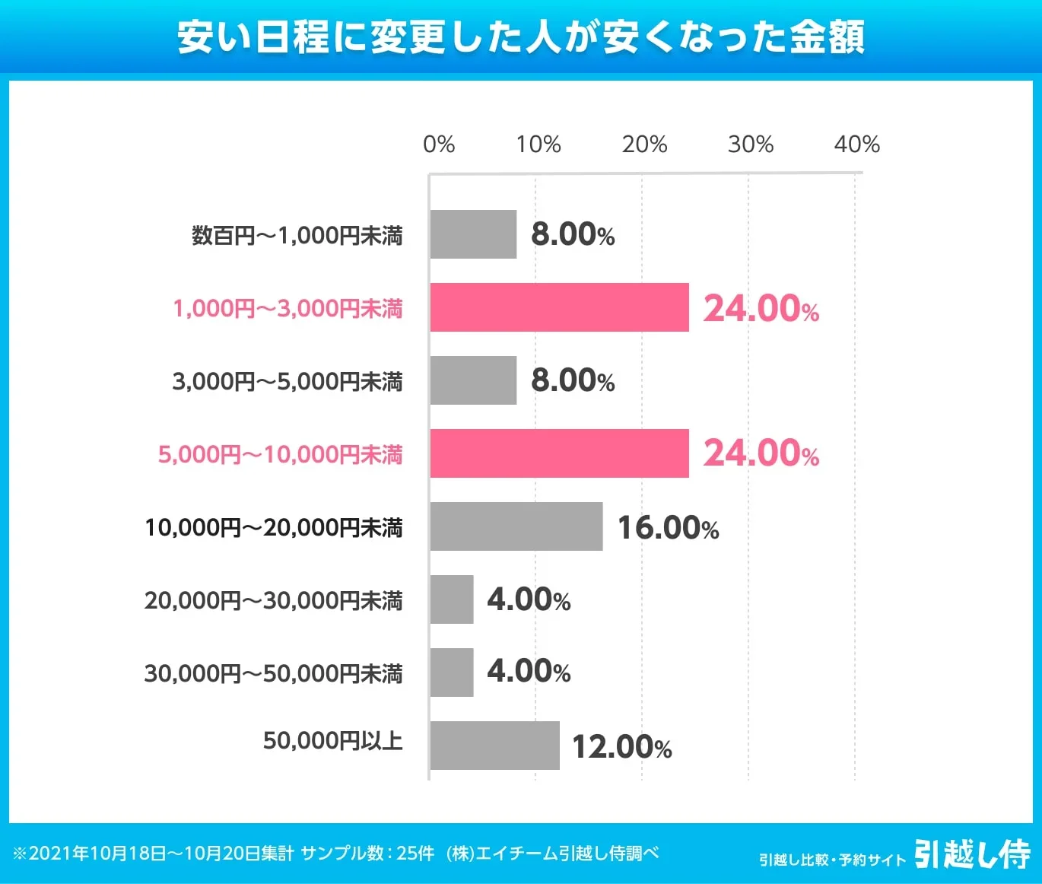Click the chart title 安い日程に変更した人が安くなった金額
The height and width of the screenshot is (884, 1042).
click(x=521, y=37)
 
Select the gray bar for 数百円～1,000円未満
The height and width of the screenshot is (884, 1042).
click(x=473, y=234)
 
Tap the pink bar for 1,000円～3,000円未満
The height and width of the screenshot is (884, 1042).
click(x=559, y=307)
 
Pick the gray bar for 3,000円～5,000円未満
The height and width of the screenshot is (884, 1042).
click(x=473, y=380)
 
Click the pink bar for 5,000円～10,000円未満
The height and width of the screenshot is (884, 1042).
click(x=559, y=453)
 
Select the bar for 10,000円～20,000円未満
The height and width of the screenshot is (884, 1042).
click(x=516, y=526)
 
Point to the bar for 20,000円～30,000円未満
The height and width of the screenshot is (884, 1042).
click(x=452, y=599)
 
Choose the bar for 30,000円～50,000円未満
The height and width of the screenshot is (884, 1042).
click(x=452, y=673)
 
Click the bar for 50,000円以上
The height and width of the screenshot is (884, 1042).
click(x=494, y=746)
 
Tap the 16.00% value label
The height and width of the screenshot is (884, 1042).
click(x=668, y=527)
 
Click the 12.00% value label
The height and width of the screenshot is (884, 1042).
click(x=621, y=746)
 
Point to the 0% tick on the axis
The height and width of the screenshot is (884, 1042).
click(x=439, y=144)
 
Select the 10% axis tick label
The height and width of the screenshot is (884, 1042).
click(x=538, y=144)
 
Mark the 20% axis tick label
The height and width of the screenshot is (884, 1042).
click(x=644, y=144)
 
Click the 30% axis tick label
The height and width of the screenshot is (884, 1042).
click(x=751, y=144)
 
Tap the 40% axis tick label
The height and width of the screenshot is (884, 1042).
click(x=856, y=144)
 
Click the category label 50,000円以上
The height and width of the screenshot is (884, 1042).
click(x=332, y=740)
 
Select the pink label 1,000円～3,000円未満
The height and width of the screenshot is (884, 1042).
click(x=288, y=308)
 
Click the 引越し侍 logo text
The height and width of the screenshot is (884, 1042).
click(x=972, y=854)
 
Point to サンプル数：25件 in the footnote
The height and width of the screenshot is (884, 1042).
click(x=367, y=854)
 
